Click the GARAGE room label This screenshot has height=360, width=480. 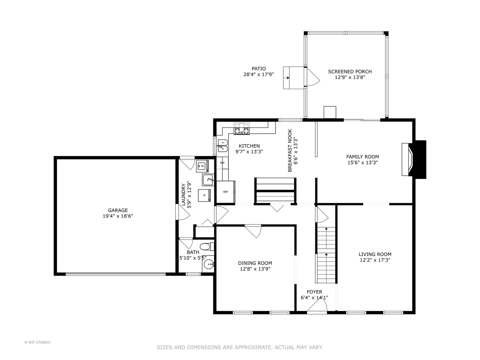coord(118,210)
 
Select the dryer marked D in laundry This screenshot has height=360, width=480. coord(204,195)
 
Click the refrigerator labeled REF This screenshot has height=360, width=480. coord(226,192)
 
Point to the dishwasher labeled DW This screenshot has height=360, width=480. coord(222,163)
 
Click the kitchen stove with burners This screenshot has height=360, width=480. coord(242,129)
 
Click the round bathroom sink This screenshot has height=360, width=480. coord(209,265)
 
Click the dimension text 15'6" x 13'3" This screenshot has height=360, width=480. coord(362,163)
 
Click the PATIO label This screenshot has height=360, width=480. coord(259,69)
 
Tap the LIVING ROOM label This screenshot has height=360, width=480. coord(375,254)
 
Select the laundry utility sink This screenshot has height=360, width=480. coord(208,180)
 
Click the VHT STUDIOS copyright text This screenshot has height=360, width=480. coord(37,342)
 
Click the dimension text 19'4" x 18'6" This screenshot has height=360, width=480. coord(118,216)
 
